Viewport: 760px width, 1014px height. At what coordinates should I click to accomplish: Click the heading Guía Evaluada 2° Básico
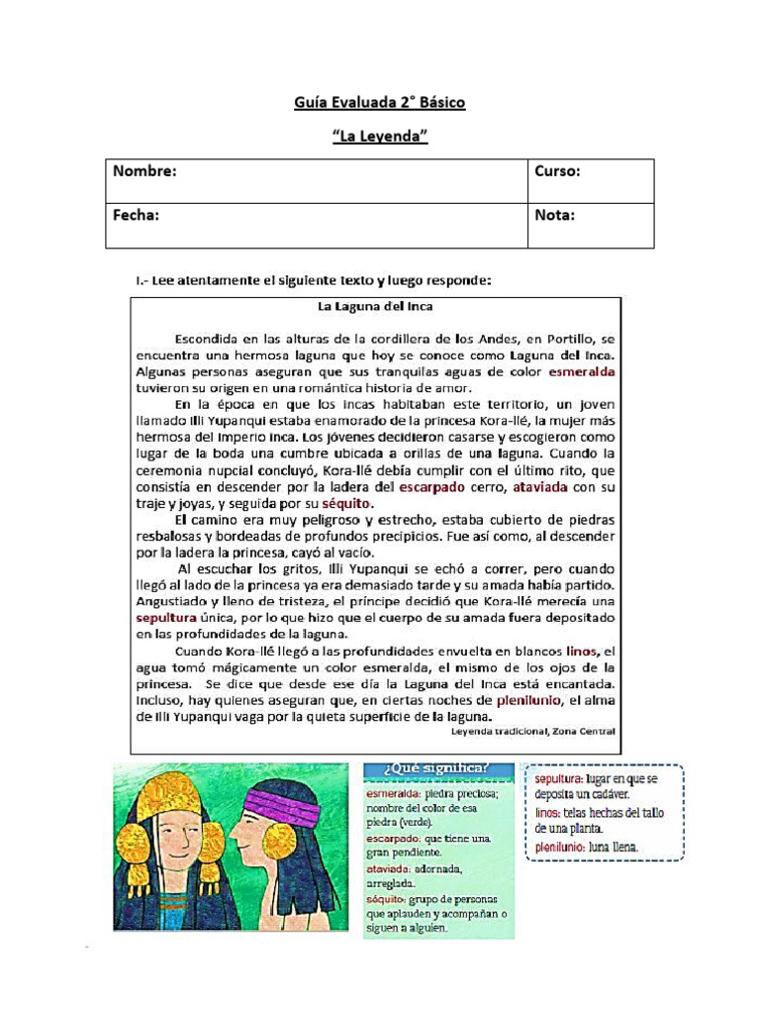coord(379,102)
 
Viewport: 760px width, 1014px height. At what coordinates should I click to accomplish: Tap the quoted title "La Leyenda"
coord(379,136)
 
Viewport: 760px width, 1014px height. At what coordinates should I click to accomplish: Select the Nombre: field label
coord(144,171)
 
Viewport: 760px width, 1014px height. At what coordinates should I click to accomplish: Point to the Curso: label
coord(558,171)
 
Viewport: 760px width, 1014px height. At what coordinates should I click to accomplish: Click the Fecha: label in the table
coord(137,215)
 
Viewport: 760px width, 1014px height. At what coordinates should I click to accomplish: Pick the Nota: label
coord(555,215)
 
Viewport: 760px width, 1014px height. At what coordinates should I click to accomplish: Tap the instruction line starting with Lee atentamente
coord(314,281)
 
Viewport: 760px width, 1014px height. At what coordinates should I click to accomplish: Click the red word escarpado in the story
coord(431,487)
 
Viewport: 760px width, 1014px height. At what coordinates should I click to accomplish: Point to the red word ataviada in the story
coord(539,487)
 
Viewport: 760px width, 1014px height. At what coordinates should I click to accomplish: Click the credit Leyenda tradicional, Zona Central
coord(532,731)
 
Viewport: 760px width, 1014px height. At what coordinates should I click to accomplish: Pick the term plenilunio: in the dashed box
coord(560,847)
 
